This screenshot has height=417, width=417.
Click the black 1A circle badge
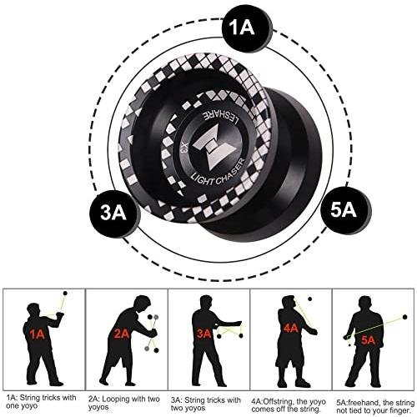(247, 28)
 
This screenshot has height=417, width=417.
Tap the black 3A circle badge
(113, 214)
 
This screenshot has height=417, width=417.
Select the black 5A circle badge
(345, 210)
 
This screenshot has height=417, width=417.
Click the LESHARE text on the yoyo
(222, 117)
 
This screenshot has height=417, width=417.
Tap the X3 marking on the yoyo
(183, 148)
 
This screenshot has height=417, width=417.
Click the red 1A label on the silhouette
(38, 334)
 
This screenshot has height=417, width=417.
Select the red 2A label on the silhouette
(122, 334)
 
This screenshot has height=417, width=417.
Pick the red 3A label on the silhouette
(204, 334)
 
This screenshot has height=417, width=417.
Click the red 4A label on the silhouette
(291, 329)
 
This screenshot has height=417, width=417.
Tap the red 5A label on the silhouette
(369, 339)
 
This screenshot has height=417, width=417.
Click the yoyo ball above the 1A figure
(65, 294)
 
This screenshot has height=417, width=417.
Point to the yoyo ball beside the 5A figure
(404, 317)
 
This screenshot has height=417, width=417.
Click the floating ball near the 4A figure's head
(309, 299)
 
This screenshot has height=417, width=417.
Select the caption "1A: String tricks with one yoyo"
(41, 401)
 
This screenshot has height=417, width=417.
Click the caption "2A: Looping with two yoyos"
(124, 403)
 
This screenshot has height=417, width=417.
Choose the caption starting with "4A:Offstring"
(289, 405)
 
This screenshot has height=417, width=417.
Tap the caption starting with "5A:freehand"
(375, 406)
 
